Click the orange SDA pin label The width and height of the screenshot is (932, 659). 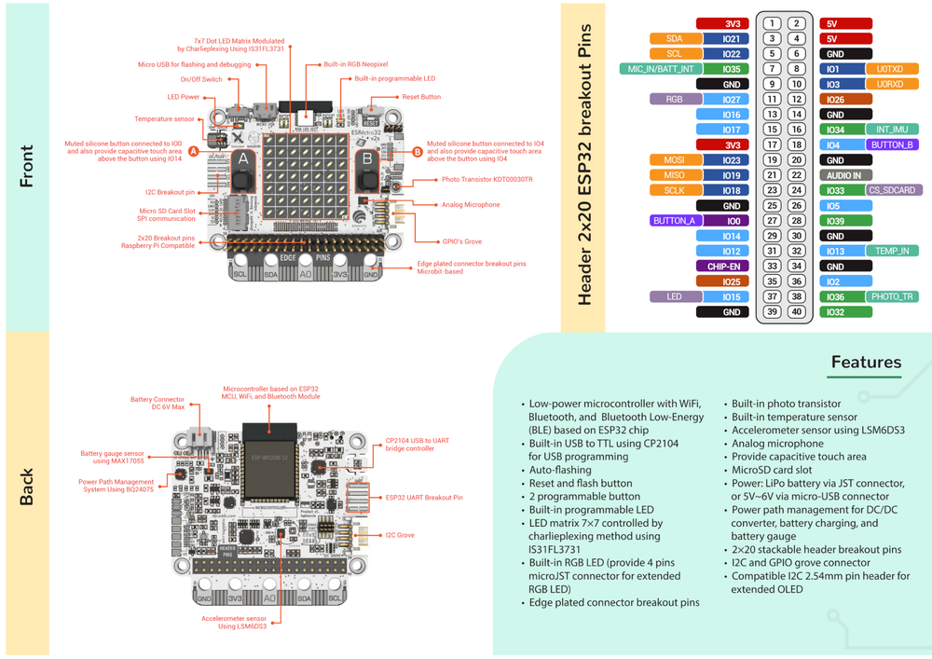[x=674, y=39]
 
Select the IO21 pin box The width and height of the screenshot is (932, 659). [x=731, y=39]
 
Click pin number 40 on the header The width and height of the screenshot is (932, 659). [x=796, y=311]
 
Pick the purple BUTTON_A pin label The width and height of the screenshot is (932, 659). [x=674, y=221]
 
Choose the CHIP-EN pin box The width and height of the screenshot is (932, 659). [x=723, y=266]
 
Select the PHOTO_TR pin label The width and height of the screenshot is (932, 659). [x=893, y=296]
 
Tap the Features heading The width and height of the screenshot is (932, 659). [x=866, y=363]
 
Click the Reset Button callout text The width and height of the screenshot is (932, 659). [x=421, y=97]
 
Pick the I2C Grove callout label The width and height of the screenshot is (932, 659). [x=400, y=535]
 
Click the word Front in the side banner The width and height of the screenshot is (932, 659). [x=27, y=166]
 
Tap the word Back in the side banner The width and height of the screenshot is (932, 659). [x=27, y=487]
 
